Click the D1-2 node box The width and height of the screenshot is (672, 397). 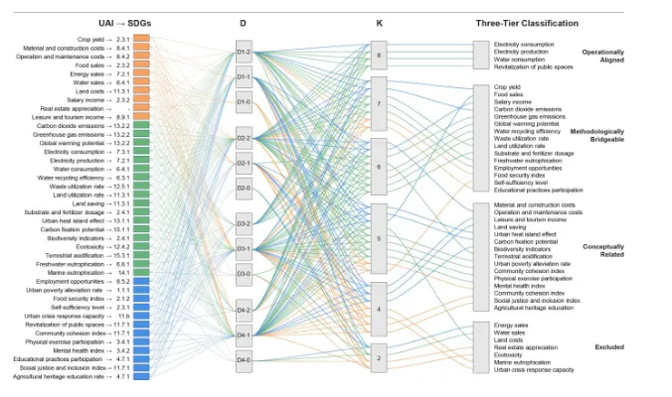point(244,51)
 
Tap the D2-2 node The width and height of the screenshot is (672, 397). point(244,139)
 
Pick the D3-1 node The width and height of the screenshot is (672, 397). point(244,249)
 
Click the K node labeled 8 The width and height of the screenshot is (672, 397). point(378,56)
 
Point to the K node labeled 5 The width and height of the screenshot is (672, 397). point(378,239)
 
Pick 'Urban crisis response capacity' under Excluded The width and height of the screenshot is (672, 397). point(534,369)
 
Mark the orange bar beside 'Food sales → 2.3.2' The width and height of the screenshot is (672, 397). point(140,65)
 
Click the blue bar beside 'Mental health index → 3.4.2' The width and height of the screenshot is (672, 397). point(140,350)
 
